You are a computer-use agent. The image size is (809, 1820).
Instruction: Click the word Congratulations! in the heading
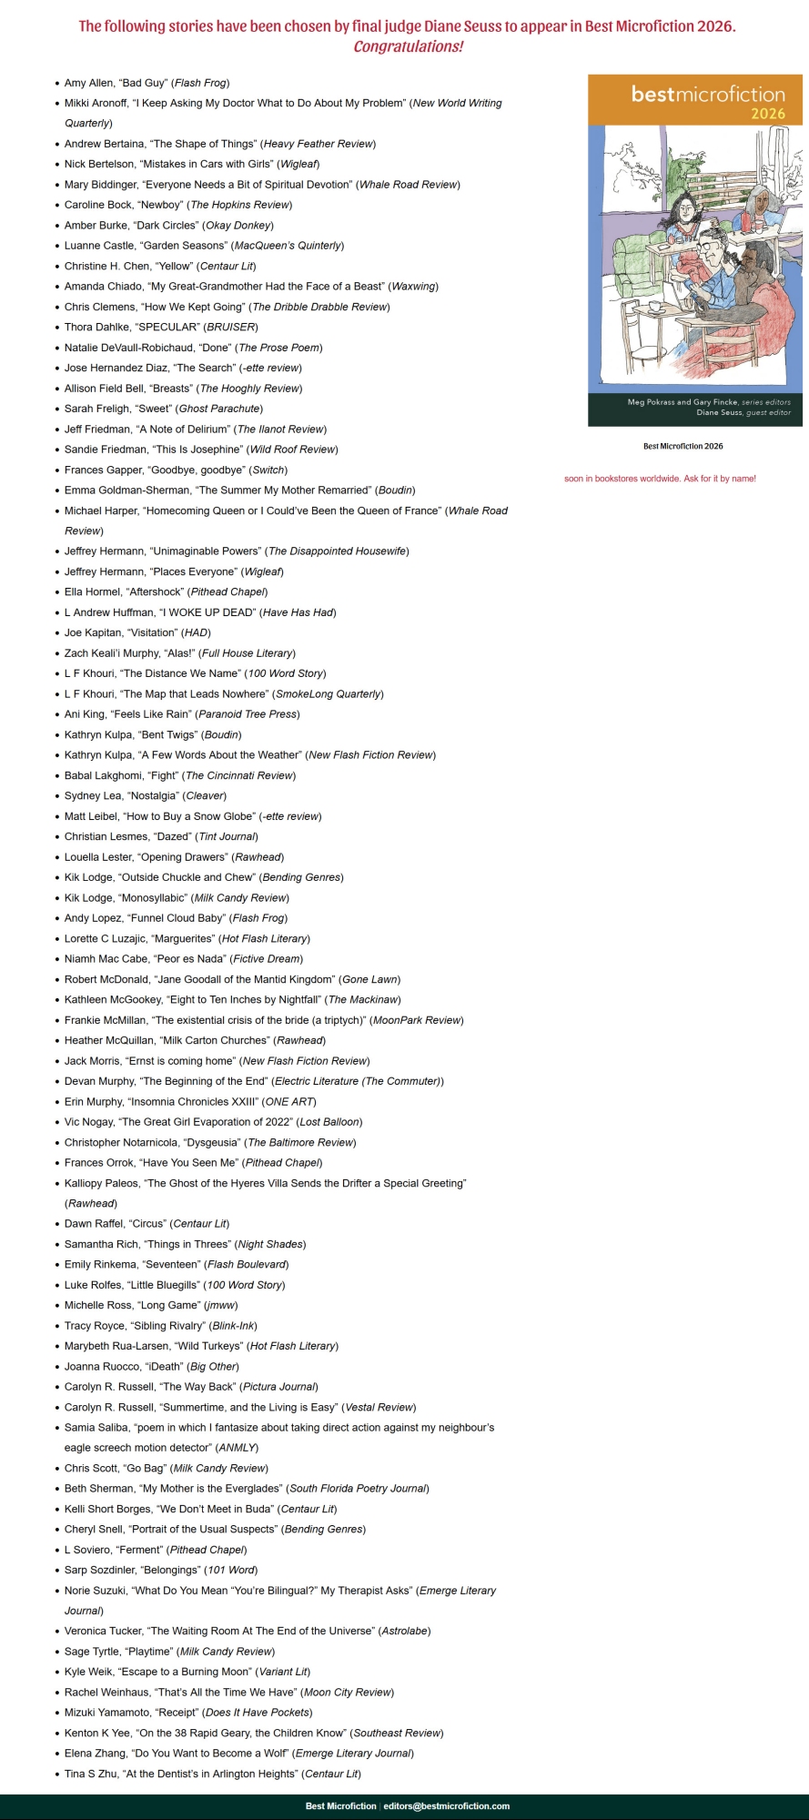408,47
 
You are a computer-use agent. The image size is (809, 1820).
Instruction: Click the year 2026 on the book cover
767,114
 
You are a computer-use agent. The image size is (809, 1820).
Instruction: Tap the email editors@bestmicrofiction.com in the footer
446,1806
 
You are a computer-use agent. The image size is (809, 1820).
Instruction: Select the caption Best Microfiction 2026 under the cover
683,446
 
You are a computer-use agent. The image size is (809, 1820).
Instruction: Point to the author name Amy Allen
88,83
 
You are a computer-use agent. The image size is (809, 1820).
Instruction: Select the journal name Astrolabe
404,1631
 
